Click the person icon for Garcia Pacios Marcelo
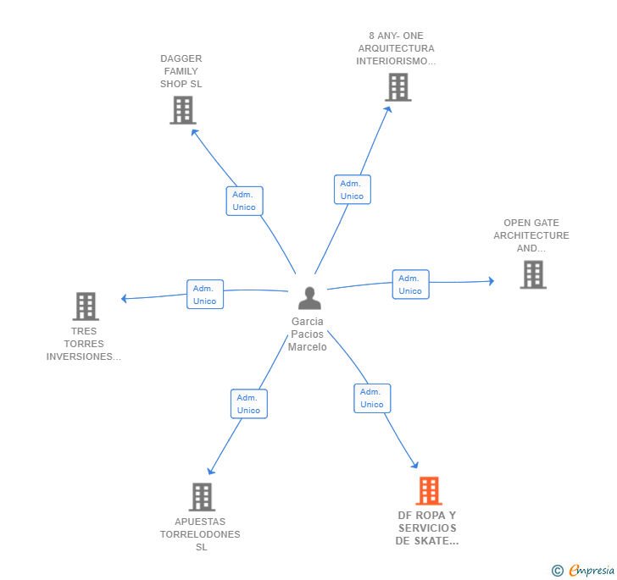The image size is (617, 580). coord(309,299)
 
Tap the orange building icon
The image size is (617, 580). coord(429,491)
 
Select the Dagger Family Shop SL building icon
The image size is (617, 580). coord(182,110)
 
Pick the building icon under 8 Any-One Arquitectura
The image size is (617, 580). coord(397,87)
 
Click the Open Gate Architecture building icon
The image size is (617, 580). coord(532,274)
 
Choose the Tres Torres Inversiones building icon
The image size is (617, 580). coord(85,307)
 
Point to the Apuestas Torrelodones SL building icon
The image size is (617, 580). coord(202,497)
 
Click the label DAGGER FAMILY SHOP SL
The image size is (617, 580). coord(181,71)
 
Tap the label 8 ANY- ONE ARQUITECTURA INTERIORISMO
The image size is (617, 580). coord(396,48)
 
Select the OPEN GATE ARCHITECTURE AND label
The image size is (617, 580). coord(531,235)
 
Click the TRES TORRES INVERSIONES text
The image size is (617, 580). coord(84,344)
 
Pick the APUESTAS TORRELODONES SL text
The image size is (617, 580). coord(201,534)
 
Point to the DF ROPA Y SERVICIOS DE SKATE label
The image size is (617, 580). coord(427,528)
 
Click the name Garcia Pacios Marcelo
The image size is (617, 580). coord(307,334)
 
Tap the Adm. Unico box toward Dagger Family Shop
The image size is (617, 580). coord(244,201)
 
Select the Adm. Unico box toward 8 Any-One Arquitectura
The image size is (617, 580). coord(352,190)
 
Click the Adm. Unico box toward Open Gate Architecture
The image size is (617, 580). coord(410,284)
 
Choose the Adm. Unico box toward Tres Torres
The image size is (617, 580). coord(205,295)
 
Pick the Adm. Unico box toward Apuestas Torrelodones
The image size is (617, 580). coord(248,404)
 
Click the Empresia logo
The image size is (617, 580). coord(584,571)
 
